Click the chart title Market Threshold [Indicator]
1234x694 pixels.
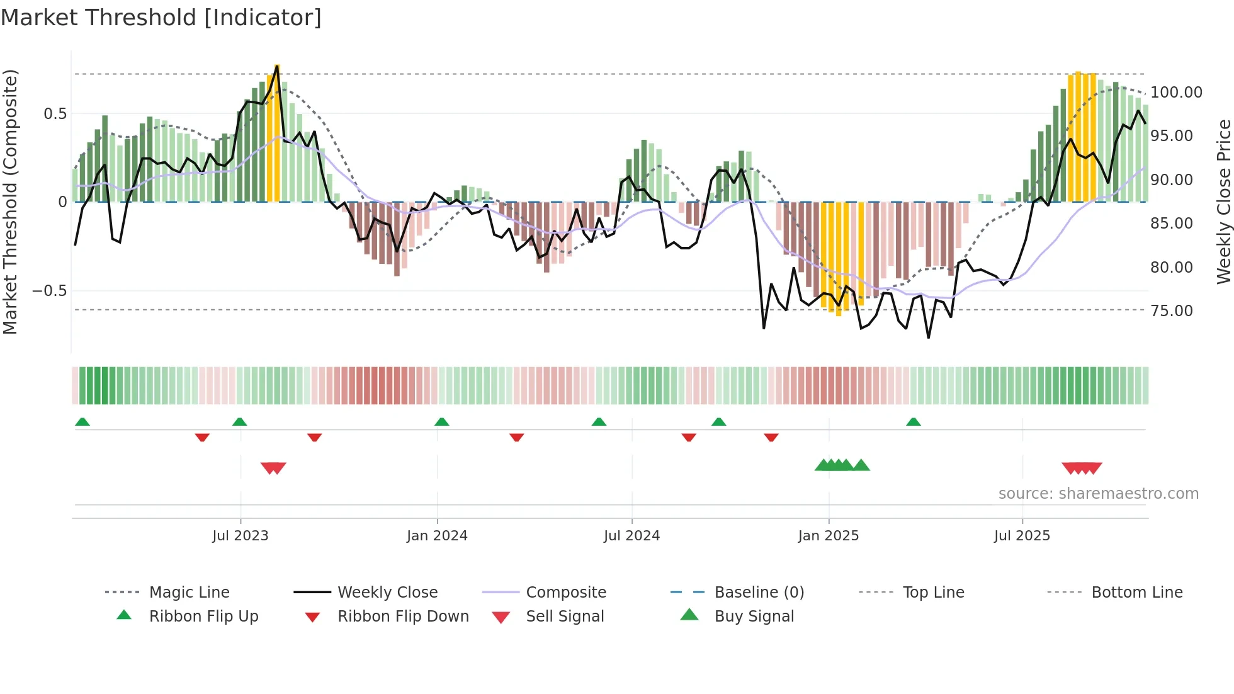point(161,18)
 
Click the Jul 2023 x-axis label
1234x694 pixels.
point(240,536)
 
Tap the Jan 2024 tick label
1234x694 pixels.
point(437,536)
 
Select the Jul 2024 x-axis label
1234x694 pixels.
point(631,536)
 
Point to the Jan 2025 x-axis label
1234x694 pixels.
point(828,536)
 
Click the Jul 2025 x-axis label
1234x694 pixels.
point(1022,536)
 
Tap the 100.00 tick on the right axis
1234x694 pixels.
point(1176,93)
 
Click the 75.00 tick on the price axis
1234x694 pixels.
point(1171,311)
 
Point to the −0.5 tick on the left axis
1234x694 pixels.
point(49,291)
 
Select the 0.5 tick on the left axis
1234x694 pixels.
point(55,114)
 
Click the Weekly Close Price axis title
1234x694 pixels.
point(1223,202)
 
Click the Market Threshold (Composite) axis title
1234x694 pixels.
point(10,202)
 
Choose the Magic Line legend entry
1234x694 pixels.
point(189,593)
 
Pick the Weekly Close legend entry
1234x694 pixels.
point(387,593)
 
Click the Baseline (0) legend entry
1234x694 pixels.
point(759,593)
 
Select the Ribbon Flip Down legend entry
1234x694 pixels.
point(403,617)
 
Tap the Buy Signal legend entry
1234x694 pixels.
point(754,617)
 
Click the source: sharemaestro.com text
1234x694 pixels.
point(1098,494)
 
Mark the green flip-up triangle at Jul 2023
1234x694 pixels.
point(239,422)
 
